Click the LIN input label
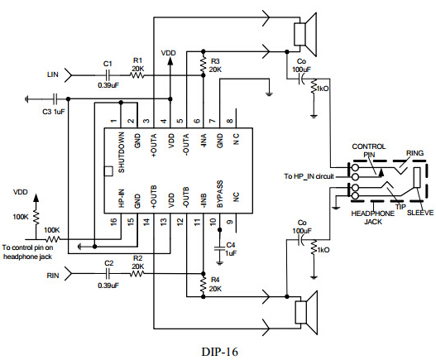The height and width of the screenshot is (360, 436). click(53, 74)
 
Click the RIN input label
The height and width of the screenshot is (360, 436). click(53, 276)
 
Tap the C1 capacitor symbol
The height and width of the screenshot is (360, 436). click(108, 75)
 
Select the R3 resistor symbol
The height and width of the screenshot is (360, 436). click(204, 65)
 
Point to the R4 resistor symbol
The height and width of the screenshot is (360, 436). click(204, 284)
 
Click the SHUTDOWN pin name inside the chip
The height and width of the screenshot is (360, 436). click(122, 152)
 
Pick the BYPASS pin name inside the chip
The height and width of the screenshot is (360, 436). click(220, 194)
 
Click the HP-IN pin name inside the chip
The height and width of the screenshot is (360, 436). click(122, 198)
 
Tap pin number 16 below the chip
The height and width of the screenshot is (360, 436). click(113, 222)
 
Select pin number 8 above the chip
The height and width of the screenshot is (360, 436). click(230, 121)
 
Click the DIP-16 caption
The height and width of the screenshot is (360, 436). click(220, 352)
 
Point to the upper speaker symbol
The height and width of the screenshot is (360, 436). click(305, 35)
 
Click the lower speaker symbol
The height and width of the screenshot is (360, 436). click(306, 313)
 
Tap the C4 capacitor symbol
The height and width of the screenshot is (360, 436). click(220, 248)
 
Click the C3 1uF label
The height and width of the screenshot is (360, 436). click(54, 112)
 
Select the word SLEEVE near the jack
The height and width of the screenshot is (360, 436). click(420, 213)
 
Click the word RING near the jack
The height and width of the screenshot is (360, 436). click(414, 153)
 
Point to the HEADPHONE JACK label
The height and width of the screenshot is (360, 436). click(373, 218)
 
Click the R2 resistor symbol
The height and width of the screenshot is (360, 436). click(137, 274)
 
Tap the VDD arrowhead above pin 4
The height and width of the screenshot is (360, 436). click(170, 61)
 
